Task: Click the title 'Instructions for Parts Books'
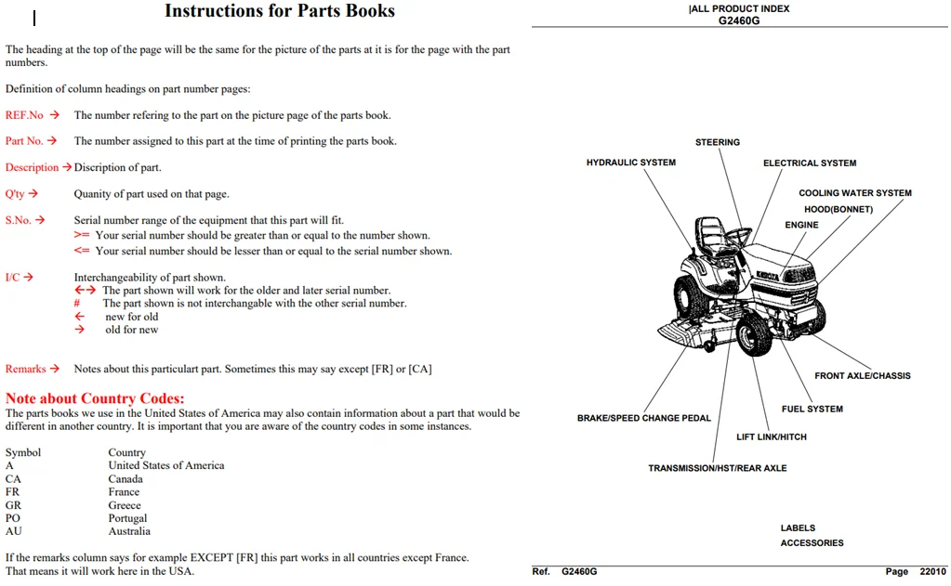(x=280, y=11)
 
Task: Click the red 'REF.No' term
(x=24, y=115)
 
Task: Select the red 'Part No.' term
(x=24, y=140)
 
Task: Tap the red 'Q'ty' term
(x=15, y=194)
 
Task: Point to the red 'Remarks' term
(x=25, y=369)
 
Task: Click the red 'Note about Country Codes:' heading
(x=95, y=398)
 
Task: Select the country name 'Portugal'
(x=127, y=518)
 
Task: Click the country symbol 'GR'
(x=13, y=505)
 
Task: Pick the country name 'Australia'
(x=129, y=531)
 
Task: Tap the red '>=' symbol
(x=82, y=235)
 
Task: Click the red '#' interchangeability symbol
(x=77, y=303)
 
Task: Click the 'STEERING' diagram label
(x=718, y=142)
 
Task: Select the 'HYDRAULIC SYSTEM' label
(x=631, y=163)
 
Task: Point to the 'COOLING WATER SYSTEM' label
(x=855, y=193)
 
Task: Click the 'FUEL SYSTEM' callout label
(x=812, y=409)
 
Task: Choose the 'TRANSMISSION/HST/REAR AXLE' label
(x=718, y=468)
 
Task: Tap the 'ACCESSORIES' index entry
(x=812, y=543)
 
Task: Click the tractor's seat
(x=710, y=235)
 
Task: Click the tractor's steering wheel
(x=737, y=238)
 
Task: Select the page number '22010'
(x=932, y=571)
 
